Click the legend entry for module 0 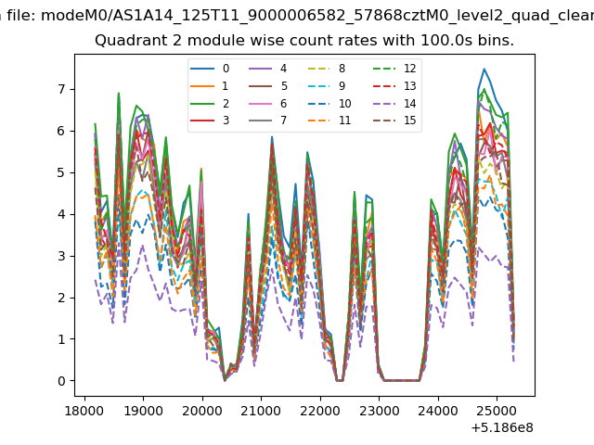[x=210, y=69]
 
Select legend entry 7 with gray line [x=268, y=121]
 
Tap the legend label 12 [x=394, y=69]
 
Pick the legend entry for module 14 [x=394, y=103]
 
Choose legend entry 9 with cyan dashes [x=327, y=86]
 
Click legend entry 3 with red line [x=210, y=121]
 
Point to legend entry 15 [x=394, y=121]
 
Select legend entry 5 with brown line [x=268, y=86]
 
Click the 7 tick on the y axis [x=62, y=90]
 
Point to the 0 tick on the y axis [x=62, y=381]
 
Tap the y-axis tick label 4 [x=62, y=214]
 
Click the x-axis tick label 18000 [x=84, y=411]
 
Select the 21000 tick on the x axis [x=261, y=411]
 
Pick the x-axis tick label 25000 [x=497, y=411]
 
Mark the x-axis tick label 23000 [x=380, y=411]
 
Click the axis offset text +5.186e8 [x=502, y=428]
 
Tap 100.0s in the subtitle [x=446, y=41]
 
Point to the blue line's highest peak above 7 [x=484, y=69]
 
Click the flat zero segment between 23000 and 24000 [x=402, y=381]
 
